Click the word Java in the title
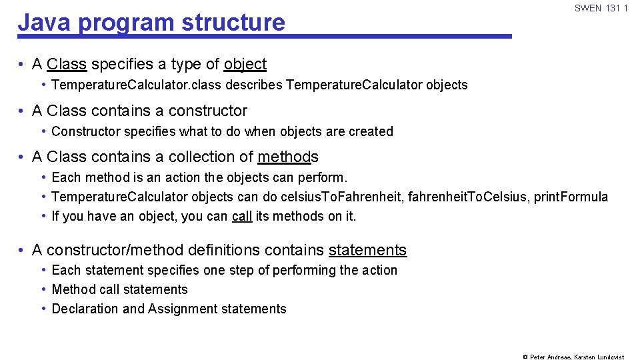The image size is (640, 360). click(x=44, y=22)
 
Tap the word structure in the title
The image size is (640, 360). click(x=233, y=22)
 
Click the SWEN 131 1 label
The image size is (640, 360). click(x=601, y=8)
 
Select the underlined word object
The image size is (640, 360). click(x=245, y=64)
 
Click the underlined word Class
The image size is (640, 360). click(x=67, y=64)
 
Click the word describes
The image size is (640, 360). click(x=253, y=85)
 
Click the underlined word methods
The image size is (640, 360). click(x=288, y=157)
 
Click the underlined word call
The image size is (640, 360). click(x=241, y=216)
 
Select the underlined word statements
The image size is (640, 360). click(x=367, y=250)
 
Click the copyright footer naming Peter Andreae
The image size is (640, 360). click(x=573, y=357)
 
